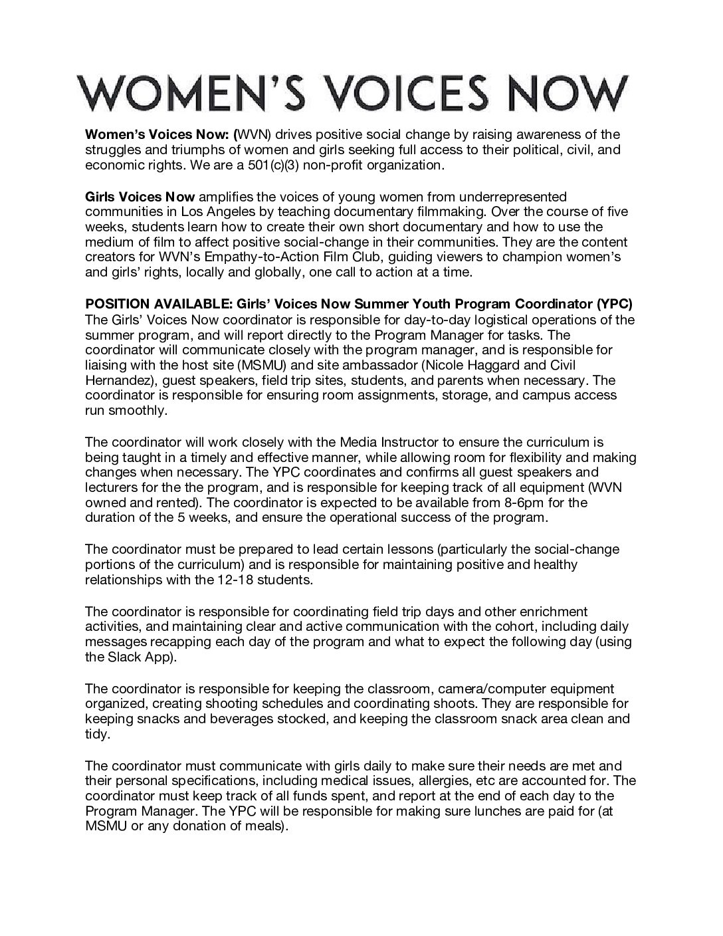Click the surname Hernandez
(117, 380)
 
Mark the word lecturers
(111, 487)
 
